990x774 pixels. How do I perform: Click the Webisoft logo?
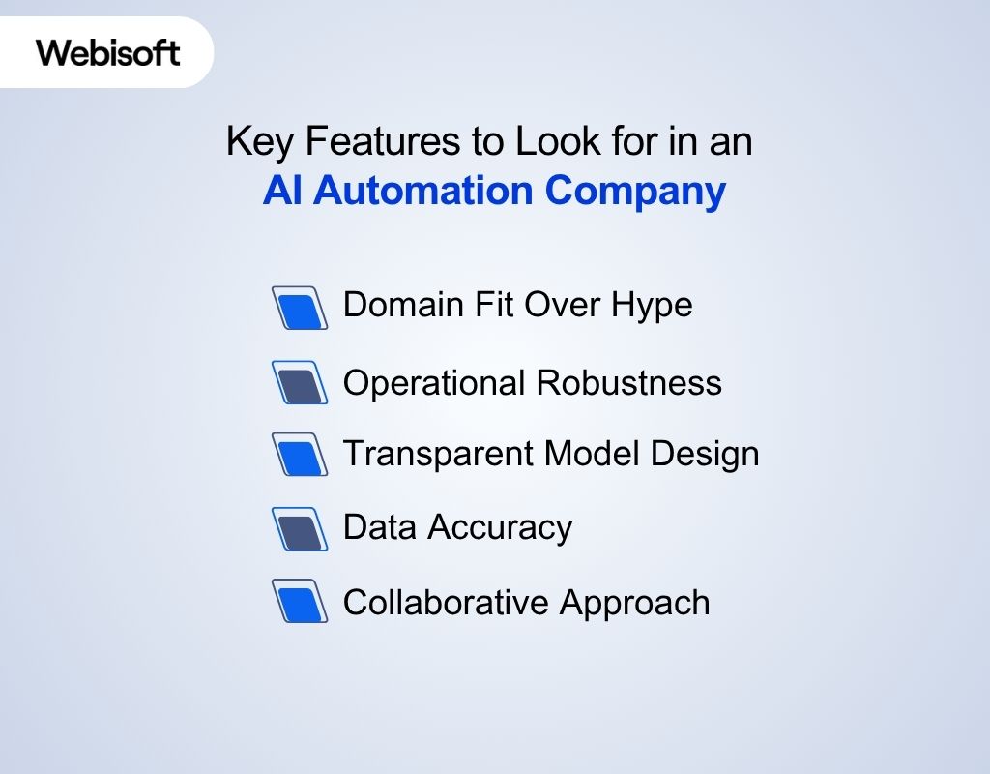coord(108,52)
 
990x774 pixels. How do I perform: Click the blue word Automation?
coord(424,191)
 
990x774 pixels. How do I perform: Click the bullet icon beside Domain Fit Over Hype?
coord(300,308)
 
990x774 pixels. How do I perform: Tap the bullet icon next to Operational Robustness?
coord(300,383)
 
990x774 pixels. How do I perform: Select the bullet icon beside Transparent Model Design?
coord(300,455)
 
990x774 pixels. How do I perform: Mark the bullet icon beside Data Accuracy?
coord(300,528)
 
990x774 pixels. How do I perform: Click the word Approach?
coord(635,604)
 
